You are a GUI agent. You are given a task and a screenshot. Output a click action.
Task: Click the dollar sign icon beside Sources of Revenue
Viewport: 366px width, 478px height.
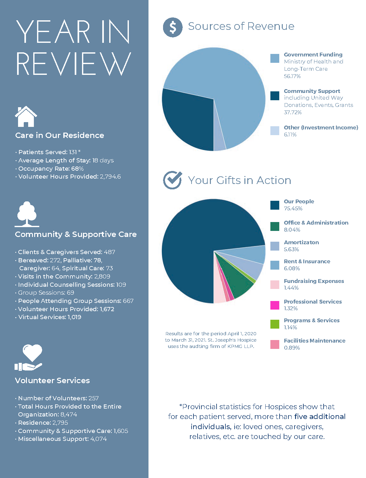173,27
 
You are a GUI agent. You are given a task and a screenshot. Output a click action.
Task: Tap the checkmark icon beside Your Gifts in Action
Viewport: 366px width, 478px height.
173,180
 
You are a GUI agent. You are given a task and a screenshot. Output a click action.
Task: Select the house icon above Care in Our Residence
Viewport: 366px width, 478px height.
26,116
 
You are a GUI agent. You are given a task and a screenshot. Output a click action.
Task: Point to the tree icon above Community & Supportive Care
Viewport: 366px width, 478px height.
27,214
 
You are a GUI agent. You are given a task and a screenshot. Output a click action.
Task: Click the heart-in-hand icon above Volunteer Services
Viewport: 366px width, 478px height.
28,357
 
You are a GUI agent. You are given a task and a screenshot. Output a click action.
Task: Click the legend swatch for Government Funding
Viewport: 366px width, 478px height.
275,58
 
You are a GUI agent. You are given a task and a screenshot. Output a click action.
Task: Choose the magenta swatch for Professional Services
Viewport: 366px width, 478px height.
275,305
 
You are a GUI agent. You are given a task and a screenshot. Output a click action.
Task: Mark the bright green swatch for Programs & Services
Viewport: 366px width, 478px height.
275,324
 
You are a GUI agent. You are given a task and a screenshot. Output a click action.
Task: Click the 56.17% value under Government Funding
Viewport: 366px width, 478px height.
292,76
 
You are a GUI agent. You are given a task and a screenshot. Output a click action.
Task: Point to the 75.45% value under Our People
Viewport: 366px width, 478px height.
293,208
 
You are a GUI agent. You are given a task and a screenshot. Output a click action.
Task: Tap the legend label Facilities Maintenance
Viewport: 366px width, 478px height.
314,341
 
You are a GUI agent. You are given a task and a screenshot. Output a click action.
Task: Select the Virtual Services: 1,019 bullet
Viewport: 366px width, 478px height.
48,317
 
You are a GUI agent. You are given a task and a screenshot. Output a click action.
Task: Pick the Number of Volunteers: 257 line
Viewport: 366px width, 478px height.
57,398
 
